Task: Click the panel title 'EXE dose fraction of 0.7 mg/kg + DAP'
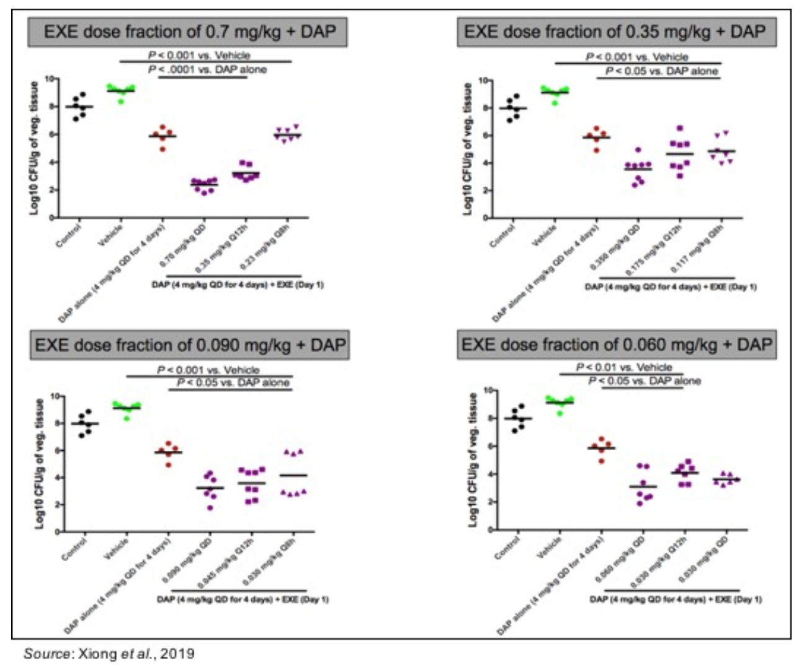pos(187,32)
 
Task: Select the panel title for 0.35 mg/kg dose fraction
pos(616,32)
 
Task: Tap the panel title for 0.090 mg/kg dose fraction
pos(190,345)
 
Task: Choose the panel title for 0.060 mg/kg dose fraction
pos(617,345)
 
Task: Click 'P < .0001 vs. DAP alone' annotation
pos(207,69)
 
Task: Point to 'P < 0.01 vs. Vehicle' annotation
pos(624,367)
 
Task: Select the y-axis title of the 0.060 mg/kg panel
pos(473,460)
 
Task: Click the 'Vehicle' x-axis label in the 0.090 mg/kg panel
pos(117,548)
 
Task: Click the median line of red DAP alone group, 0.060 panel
pos(601,448)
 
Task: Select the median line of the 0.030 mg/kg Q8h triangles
pos(293,475)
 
